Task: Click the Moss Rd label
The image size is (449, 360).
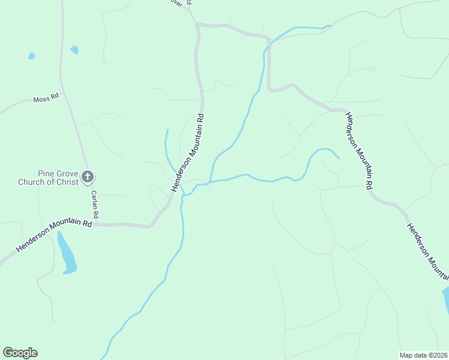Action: coord(46,98)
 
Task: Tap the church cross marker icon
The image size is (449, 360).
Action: coord(88,176)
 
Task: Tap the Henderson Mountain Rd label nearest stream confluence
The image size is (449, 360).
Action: coord(188,152)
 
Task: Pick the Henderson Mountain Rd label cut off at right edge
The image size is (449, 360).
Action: coord(427,251)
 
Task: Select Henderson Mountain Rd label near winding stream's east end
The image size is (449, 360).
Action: coord(359,150)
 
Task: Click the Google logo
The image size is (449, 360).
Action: coord(20,353)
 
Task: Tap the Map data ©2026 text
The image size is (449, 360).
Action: coord(423,355)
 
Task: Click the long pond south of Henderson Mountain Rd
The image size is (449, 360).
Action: coord(67,253)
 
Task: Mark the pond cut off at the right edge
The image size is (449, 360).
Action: coord(445,300)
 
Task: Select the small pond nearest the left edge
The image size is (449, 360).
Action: coord(31,56)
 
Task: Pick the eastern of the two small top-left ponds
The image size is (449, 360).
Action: coord(74,50)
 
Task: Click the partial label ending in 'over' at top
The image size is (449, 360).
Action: coord(176,2)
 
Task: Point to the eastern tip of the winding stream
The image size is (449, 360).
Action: coord(339,158)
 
